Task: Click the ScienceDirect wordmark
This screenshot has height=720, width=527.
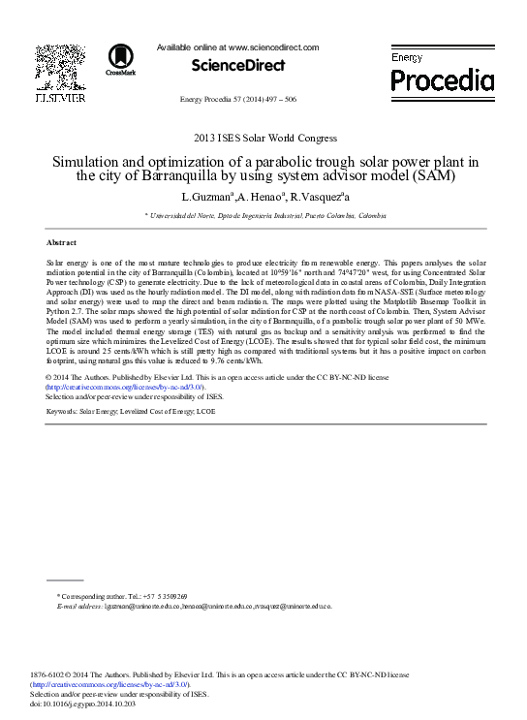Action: (x=238, y=66)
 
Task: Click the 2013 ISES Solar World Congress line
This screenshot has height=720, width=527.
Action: (x=264, y=138)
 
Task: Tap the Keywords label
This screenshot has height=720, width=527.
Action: (x=62, y=412)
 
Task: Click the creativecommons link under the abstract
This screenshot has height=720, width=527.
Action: (x=124, y=386)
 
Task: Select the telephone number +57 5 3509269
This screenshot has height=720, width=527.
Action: (x=164, y=596)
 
